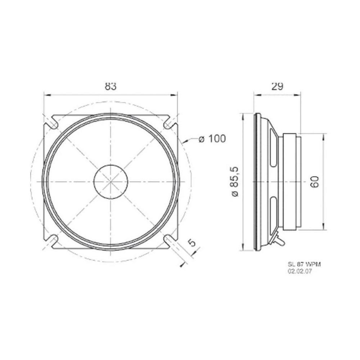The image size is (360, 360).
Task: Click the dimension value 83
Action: pyautogui.click(x=111, y=87)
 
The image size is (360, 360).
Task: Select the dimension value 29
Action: pyautogui.click(x=277, y=86)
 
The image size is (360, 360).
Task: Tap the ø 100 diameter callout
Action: pyautogui.click(x=212, y=138)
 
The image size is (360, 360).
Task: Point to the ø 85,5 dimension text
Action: pyautogui.click(x=236, y=182)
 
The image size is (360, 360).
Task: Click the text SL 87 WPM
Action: pyautogui.click(x=304, y=265)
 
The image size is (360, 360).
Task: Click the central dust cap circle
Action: pyautogui.click(x=111, y=181)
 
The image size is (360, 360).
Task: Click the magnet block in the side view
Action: pyautogui.click(x=291, y=182)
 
